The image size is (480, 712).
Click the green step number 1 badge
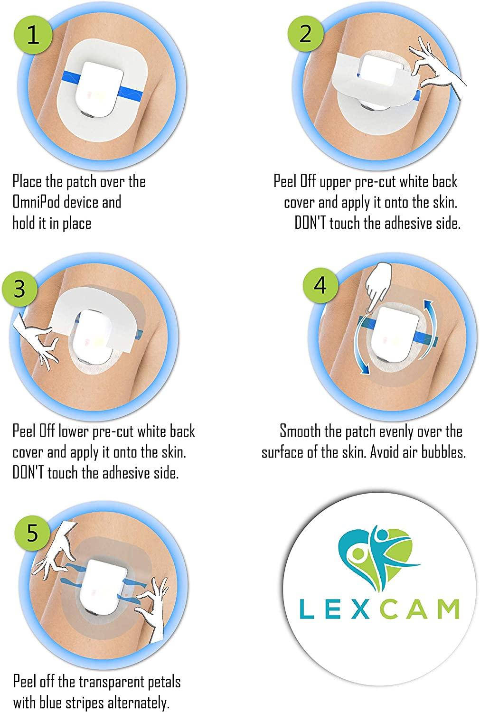tap(33, 35)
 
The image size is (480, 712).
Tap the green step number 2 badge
tap(305, 33)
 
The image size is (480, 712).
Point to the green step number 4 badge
tap(320, 284)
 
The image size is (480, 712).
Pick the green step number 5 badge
tap(32, 533)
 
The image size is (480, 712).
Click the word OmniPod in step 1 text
tap(36, 202)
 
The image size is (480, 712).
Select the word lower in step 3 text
tap(72, 431)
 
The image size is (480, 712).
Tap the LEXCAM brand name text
tap(379, 609)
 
